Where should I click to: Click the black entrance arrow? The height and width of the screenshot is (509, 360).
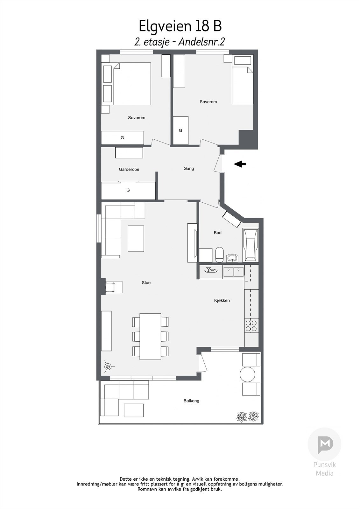point(240,164)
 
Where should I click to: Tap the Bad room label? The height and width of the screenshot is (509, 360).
point(218,233)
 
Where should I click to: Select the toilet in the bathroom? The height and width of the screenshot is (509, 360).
point(220,254)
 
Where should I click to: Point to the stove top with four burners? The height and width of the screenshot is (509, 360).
point(251,325)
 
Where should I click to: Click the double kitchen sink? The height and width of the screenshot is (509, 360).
point(233,272)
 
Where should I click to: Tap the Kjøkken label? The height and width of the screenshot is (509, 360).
point(222,300)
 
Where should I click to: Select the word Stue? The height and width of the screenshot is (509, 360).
point(146,282)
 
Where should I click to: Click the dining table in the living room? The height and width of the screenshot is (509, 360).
point(150,336)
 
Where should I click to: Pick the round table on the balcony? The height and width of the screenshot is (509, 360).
point(248,374)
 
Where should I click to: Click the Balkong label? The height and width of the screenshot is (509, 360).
point(191,401)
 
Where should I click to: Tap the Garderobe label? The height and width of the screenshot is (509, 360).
point(129,170)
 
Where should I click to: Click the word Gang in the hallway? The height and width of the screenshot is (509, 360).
point(189,169)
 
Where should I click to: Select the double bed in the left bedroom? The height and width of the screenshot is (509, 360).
point(131,84)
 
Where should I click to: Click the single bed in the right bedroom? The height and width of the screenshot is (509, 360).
point(243,85)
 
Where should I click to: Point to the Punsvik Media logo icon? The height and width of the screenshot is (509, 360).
point(324,445)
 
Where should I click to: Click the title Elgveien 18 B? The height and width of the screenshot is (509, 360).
point(180,26)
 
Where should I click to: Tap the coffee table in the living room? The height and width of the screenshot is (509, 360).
point(136,239)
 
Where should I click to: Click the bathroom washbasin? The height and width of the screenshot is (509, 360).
point(232,257)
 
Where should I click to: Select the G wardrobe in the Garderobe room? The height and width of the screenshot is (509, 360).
point(128,191)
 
